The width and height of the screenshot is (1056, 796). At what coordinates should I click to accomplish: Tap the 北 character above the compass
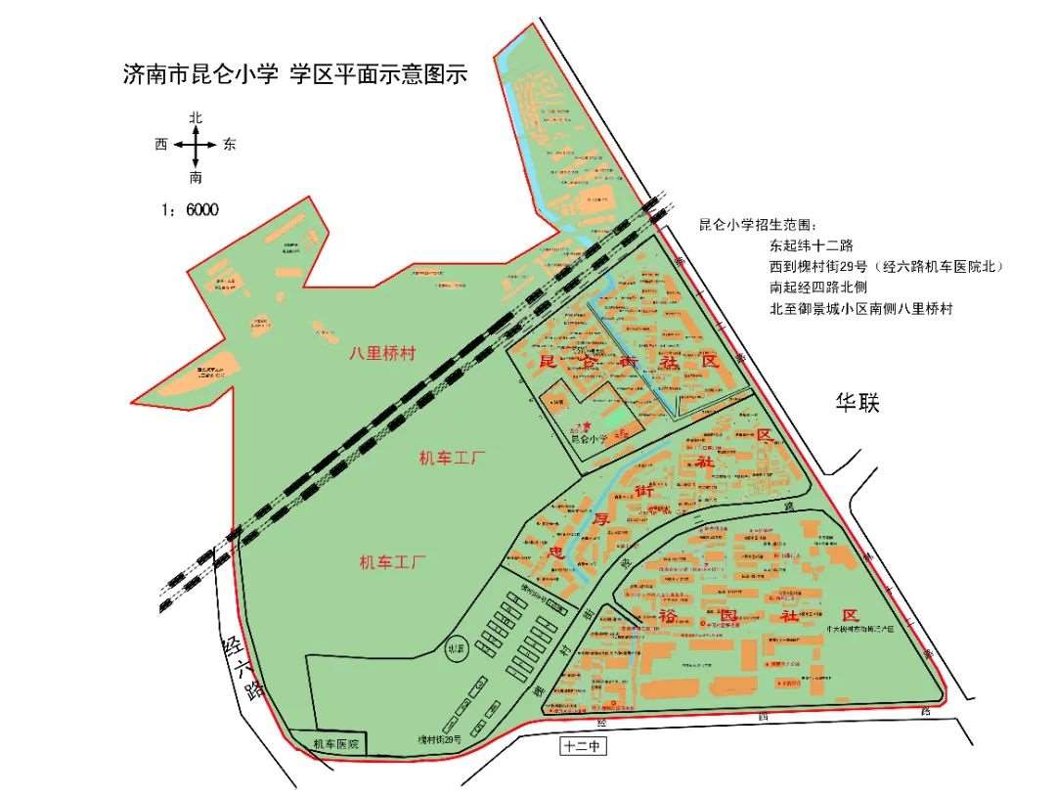197,117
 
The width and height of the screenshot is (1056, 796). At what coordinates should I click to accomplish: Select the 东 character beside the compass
230,145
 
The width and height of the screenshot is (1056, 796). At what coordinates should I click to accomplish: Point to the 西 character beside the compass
161,145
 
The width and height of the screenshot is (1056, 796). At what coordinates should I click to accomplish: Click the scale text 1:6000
190,209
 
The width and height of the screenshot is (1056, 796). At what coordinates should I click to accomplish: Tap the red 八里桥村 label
382,354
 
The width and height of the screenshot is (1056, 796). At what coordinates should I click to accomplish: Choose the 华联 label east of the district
857,403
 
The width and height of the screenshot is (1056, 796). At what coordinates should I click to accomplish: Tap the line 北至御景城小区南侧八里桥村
861,309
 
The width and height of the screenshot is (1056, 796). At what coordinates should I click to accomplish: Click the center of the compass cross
197,145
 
